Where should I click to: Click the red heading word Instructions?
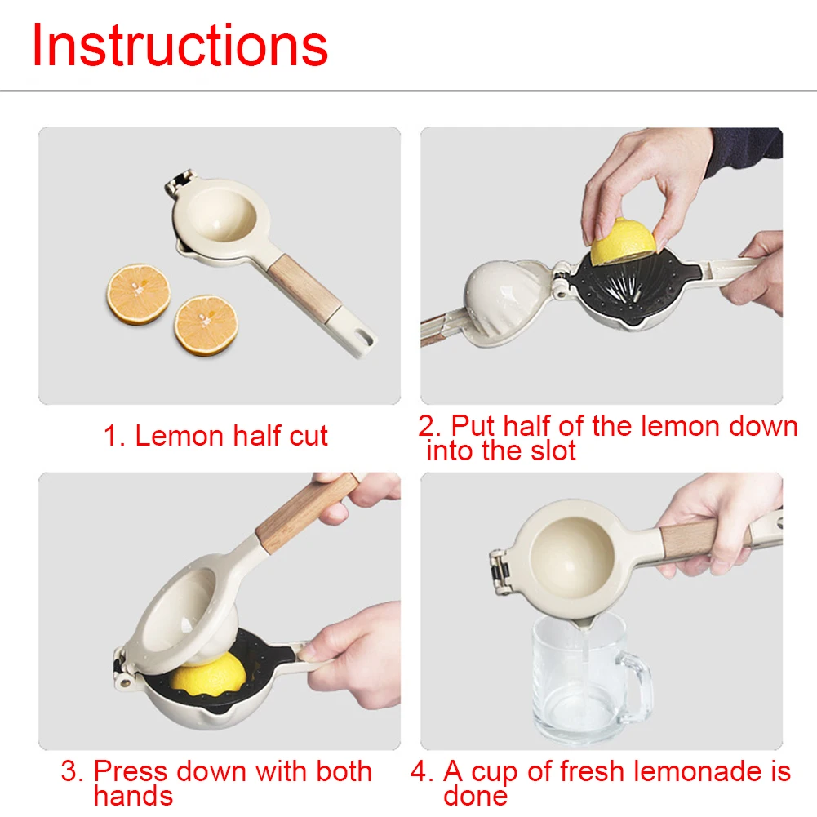click(180, 46)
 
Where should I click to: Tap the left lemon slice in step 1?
click(139, 295)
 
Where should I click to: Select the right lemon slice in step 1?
click(206, 326)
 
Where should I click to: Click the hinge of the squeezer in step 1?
click(178, 182)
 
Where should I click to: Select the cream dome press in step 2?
click(503, 297)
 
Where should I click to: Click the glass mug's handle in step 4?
click(638, 688)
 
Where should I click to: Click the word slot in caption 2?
click(553, 451)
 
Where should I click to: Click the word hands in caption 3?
click(133, 796)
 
